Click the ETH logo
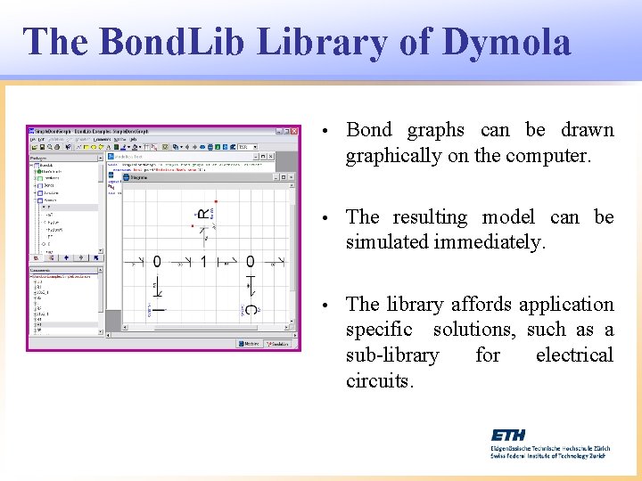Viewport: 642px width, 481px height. click(508, 435)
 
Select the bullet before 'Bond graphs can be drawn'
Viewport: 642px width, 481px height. click(327, 131)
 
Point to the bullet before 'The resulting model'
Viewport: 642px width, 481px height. click(327, 218)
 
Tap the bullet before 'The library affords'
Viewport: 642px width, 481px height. click(327, 306)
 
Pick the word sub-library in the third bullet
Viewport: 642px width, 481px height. click(392, 355)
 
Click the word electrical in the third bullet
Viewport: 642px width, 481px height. click(574, 355)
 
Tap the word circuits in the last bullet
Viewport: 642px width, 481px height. click(380, 380)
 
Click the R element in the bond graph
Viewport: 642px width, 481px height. click(203, 214)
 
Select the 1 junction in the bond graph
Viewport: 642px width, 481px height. click(203, 262)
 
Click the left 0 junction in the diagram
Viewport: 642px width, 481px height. click(157, 262)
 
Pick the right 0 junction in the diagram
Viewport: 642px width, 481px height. click(251, 262)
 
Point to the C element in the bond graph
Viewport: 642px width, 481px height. click(251, 309)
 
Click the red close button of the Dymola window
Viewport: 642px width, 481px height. click(296, 130)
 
